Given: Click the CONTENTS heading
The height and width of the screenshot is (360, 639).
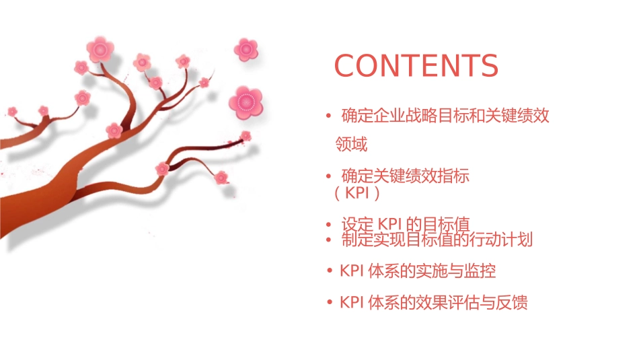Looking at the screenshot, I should point(416,66).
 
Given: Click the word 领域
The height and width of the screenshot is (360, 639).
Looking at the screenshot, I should point(352,145).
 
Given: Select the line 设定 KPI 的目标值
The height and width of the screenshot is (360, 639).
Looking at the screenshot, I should point(405,224).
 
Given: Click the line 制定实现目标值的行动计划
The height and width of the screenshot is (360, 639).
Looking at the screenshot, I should point(437,240).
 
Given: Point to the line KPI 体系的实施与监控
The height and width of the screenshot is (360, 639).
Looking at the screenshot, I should point(418,271).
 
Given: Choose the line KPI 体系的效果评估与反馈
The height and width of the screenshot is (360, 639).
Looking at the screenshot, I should point(434,303).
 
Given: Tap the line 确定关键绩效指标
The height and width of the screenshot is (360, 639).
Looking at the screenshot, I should point(405,176).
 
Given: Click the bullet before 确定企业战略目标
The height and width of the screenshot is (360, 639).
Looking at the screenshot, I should point(328,116).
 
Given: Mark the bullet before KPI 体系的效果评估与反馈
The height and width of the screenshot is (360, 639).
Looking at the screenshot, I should point(329,303).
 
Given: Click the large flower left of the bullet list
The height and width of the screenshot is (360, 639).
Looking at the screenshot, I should point(245,102).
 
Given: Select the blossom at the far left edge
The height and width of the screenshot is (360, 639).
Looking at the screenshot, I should point(12,111).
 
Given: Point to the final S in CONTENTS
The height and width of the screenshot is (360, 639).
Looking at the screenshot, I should point(489,66).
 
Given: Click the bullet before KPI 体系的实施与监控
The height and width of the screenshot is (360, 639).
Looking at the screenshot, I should point(329,271).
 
